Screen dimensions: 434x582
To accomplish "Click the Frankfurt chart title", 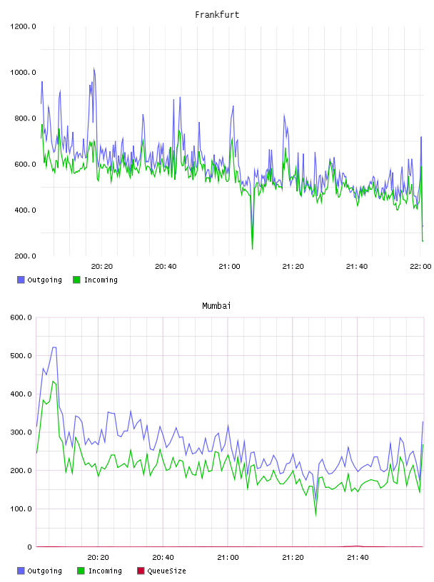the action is [x=217, y=15].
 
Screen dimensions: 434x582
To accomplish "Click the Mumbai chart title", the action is [x=216, y=306].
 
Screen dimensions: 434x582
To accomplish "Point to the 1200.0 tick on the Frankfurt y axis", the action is [x=23, y=26].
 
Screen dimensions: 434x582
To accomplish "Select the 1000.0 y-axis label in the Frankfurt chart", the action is [x=23, y=72].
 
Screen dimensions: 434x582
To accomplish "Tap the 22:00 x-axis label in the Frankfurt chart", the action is [x=420, y=267].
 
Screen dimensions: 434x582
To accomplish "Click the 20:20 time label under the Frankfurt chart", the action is [x=102, y=267].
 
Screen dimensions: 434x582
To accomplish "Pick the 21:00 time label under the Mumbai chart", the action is [x=228, y=558].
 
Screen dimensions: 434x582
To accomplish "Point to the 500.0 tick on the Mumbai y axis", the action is [x=21, y=356].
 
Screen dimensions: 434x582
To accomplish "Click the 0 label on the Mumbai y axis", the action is [x=29, y=547].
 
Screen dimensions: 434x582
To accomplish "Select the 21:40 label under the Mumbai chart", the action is [x=358, y=558].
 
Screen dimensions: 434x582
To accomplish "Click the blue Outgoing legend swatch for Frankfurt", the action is [x=21, y=280].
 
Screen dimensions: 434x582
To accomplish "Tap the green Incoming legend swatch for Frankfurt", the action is [x=76, y=280].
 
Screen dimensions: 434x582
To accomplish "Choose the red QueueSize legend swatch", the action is [x=141, y=571].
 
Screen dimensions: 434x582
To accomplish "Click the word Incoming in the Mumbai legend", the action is [x=105, y=571].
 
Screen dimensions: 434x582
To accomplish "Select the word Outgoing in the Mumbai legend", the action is [x=44, y=571].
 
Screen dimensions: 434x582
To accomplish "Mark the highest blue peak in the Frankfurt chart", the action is [x=94, y=68].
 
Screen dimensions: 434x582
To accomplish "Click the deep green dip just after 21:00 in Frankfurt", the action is [x=252, y=248].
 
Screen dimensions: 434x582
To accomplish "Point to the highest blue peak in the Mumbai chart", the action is [x=54, y=347].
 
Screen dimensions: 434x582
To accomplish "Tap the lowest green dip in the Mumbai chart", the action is [x=316, y=515].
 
